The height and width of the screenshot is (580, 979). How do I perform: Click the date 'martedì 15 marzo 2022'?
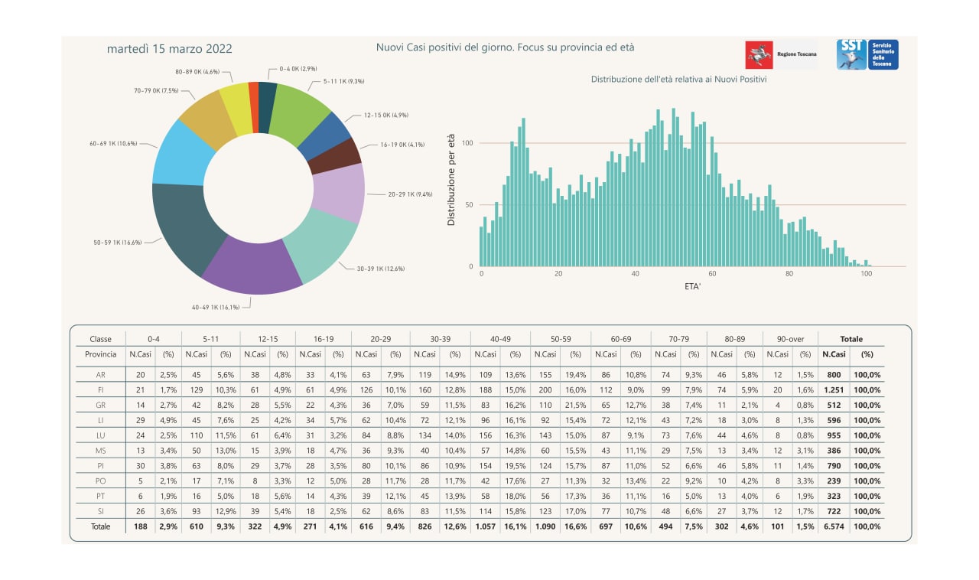169,49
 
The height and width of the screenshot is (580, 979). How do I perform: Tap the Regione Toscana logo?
780,55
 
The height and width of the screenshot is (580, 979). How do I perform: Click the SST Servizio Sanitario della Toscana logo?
867,54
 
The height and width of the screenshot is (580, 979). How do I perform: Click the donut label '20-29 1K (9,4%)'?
410,194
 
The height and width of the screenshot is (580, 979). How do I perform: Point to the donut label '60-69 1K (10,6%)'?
113,143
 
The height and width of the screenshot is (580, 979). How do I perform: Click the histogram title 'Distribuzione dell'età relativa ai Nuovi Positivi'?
678,79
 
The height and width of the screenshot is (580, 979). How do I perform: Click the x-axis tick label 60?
712,274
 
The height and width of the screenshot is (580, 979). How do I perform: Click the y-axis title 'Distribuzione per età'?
451,179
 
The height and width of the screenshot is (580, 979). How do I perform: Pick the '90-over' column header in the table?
790,339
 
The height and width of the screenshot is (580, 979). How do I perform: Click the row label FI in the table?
101,389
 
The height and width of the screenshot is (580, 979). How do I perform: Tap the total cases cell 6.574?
834,526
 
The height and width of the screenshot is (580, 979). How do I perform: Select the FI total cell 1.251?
834,389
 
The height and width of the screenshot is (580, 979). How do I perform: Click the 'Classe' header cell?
101,339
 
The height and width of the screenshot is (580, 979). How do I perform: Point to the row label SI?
101,511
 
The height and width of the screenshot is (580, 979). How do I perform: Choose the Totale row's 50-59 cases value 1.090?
545,526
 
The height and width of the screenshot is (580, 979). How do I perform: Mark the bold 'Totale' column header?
851,339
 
